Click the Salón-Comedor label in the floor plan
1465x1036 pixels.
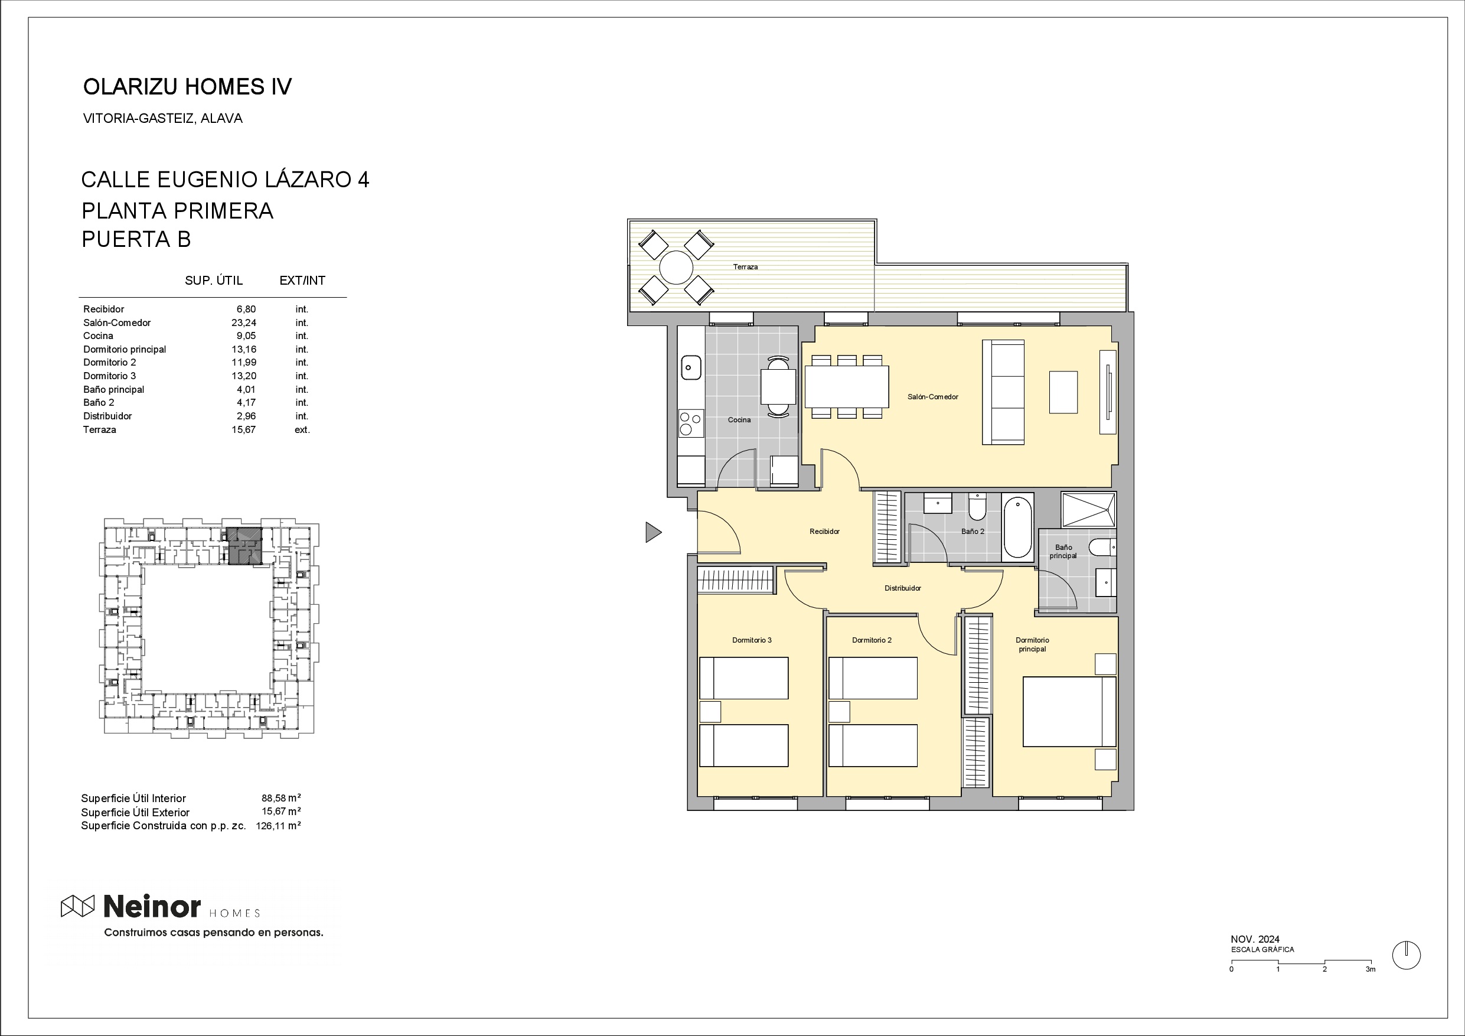[933, 397]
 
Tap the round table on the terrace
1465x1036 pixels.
[676, 268]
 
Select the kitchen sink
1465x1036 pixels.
[691, 367]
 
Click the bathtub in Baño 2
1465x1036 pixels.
[1018, 527]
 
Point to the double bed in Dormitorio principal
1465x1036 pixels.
[1069, 712]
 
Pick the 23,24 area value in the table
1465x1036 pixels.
[244, 323]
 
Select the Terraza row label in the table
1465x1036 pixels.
[100, 429]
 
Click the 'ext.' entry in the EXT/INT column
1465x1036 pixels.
[302, 429]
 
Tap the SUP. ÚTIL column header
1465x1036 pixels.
[214, 280]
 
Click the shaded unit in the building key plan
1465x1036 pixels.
[245, 546]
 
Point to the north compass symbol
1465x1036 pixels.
[1407, 956]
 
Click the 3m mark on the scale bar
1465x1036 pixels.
[1371, 969]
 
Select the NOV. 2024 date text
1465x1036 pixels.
[1255, 939]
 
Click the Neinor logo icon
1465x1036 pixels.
[77, 906]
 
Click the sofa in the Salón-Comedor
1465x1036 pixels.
[1004, 392]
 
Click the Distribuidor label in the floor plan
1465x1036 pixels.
[903, 588]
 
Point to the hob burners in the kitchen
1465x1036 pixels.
[691, 423]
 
